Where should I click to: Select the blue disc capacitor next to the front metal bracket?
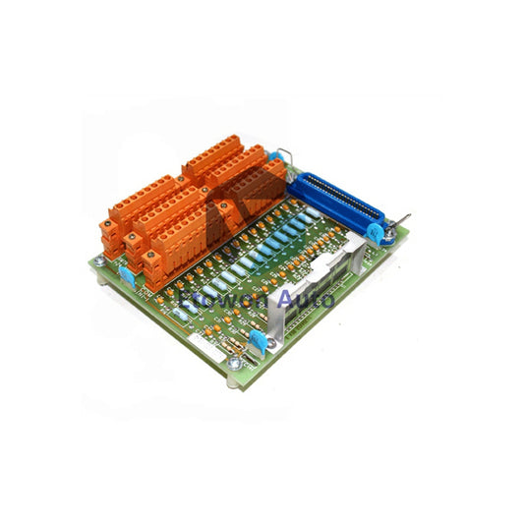point(259,340)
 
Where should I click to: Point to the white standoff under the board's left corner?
point(103,278)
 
